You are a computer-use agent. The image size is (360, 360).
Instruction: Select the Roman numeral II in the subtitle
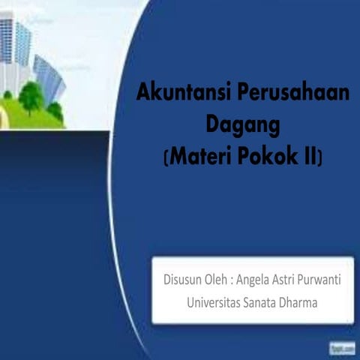click(x=310, y=157)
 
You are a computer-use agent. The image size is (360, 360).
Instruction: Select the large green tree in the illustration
click(x=31, y=95)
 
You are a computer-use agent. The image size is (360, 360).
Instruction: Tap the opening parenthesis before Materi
click(x=166, y=157)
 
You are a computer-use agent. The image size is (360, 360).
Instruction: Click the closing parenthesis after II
click(x=321, y=157)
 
